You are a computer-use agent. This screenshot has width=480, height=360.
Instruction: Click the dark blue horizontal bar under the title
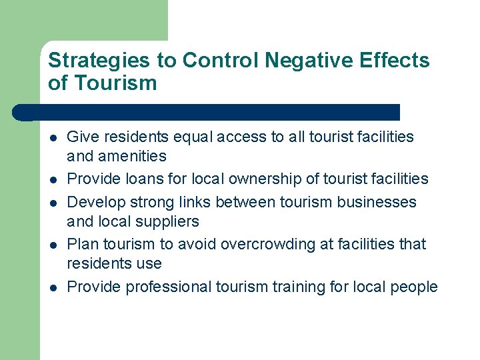click(213, 112)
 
